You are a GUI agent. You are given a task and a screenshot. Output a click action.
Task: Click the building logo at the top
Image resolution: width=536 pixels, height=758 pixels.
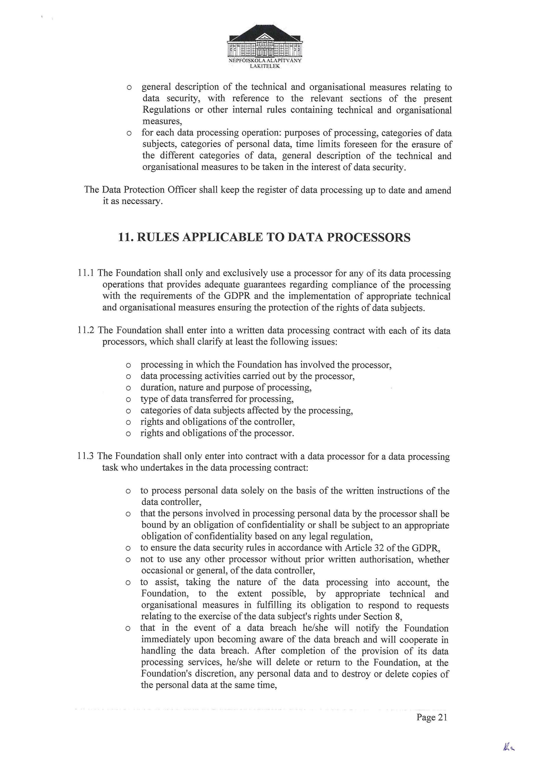coord(265,41)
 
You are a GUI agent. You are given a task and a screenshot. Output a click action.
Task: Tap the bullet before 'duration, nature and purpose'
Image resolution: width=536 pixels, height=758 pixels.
coord(128,388)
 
